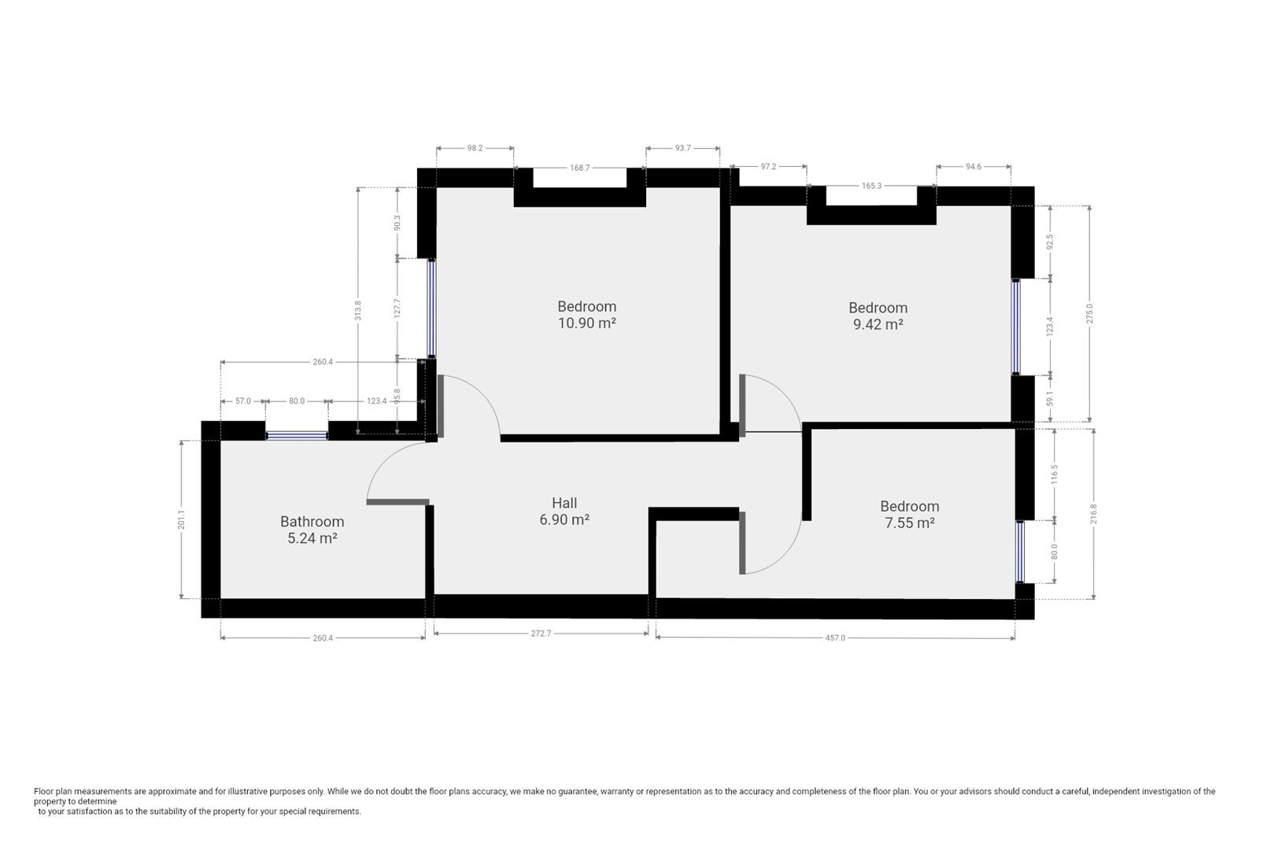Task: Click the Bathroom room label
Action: click(x=312, y=522)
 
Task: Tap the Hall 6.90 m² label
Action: click(x=564, y=512)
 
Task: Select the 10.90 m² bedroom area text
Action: click(x=587, y=323)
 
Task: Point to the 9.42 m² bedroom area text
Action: click(x=878, y=324)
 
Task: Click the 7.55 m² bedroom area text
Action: click(x=910, y=523)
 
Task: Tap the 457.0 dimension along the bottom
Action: click(x=835, y=638)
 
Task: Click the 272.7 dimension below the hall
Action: click(x=541, y=634)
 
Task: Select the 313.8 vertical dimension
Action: click(x=358, y=310)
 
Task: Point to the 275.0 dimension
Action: click(x=1089, y=314)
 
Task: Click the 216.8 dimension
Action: click(x=1093, y=514)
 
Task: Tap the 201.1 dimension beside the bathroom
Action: click(x=181, y=519)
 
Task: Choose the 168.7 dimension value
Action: click(x=579, y=168)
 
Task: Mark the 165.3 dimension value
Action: click(x=871, y=186)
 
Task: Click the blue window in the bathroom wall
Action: click(x=297, y=436)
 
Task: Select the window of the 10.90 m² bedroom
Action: click(x=431, y=308)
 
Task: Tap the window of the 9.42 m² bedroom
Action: click(x=1016, y=327)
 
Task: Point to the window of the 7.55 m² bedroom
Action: click(x=1020, y=552)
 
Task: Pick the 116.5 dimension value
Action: click(x=1054, y=475)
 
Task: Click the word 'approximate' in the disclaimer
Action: click(x=172, y=791)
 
